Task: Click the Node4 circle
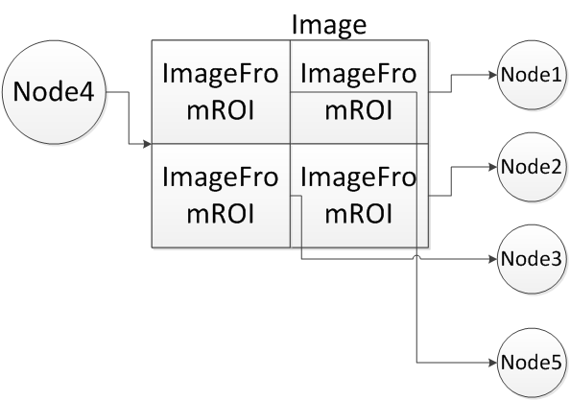tap(53, 93)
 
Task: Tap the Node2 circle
tap(530, 166)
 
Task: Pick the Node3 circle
tap(530, 258)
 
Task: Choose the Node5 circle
tap(530, 363)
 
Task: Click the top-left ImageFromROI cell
tap(221, 92)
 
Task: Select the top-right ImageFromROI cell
tap(358, 92)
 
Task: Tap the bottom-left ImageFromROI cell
tap(221, 196)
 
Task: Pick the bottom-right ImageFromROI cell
tap(358, 196)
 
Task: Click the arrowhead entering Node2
tap(492, 166)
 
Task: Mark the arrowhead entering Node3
tap(492, 258)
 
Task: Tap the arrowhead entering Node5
tap(492, 363)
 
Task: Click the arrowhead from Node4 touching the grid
tap(148, 145)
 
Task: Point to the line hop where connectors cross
tap(416, 257)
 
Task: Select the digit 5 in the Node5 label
tap(553, 363)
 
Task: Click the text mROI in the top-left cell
tap(221, 108)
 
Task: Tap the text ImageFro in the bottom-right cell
tap(358, 178)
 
